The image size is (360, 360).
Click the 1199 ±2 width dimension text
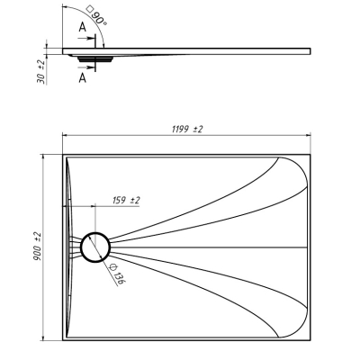(x=187, y=130)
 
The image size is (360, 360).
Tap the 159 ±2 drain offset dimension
(x=126, y=200)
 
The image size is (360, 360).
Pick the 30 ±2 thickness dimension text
(x=40, y=72)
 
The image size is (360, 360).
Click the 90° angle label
(x=96, y=15)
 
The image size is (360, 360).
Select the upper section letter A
(x=83, y=27)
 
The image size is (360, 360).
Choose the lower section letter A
(x=83, y=78)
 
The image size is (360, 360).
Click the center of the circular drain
(x=95, y=247)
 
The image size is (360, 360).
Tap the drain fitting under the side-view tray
(x=95, y=58)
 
